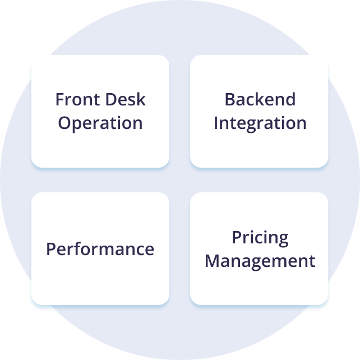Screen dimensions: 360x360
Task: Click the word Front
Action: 76,100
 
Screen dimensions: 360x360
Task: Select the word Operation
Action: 100,123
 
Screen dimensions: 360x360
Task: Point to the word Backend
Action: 260,100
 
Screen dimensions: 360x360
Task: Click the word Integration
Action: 260,123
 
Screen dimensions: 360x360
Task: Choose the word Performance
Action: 100,250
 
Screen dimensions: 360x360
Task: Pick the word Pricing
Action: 260,238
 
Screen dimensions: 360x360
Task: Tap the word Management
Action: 260,261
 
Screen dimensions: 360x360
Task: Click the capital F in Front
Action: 59,100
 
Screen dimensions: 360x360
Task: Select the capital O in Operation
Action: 65,123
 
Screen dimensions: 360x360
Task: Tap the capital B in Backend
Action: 230,100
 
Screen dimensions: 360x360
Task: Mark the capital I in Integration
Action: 216,123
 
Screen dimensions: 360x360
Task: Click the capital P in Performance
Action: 50,249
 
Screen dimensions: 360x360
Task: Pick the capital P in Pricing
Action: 236,237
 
